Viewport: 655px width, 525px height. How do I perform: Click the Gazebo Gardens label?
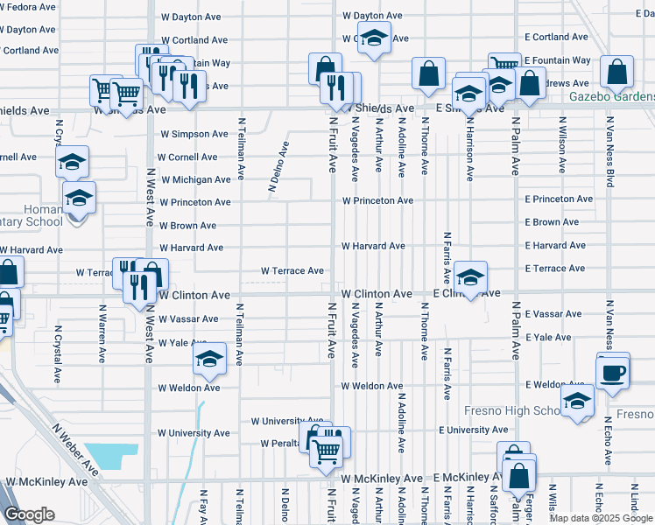[611, 96]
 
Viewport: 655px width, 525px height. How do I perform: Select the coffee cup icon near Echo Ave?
[613, 371]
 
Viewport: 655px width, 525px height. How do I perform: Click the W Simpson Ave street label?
[194, 134]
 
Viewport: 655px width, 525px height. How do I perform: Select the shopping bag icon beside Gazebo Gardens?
[617, 74]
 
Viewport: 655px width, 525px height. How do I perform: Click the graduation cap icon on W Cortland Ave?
[375, 39]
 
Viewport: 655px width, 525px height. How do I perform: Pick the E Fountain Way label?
[557, 60]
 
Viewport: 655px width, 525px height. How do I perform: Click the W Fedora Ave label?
[30, 6]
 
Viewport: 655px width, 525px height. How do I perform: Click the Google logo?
[30, 514]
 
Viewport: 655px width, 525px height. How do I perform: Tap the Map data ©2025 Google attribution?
[600, 518]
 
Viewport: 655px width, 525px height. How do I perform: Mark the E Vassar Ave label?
[553, 313]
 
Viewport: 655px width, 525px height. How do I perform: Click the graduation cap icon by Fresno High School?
[577, 402]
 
